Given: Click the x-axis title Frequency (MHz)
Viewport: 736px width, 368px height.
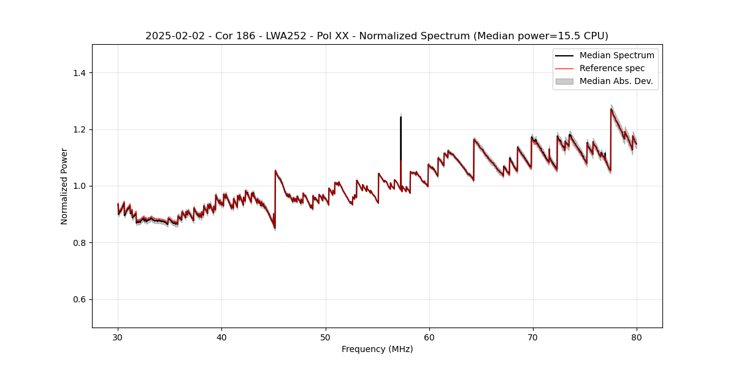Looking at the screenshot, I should pos(377,349).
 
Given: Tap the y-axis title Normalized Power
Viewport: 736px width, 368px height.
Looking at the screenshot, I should pos(64,186).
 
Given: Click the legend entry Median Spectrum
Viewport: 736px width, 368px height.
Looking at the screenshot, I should pos(616,55).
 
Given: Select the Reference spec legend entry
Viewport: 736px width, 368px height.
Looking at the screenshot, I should pos(611,68).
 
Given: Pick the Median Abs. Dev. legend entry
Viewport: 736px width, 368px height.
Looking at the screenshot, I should pos(616,81).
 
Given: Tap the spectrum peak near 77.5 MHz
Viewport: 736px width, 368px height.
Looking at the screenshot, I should pos(611,110).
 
